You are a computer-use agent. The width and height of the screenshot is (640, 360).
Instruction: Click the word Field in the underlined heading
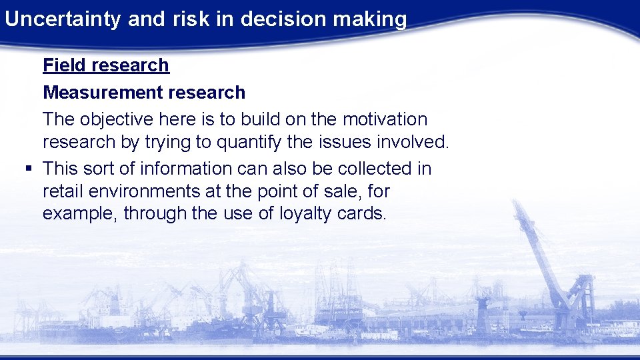65,65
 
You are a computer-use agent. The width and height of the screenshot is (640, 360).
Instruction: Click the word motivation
385,120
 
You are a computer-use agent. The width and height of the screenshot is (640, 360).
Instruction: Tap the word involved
417,143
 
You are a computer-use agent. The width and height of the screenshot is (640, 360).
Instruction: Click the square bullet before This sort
28,169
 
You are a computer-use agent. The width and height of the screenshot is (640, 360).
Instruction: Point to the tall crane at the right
553,267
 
